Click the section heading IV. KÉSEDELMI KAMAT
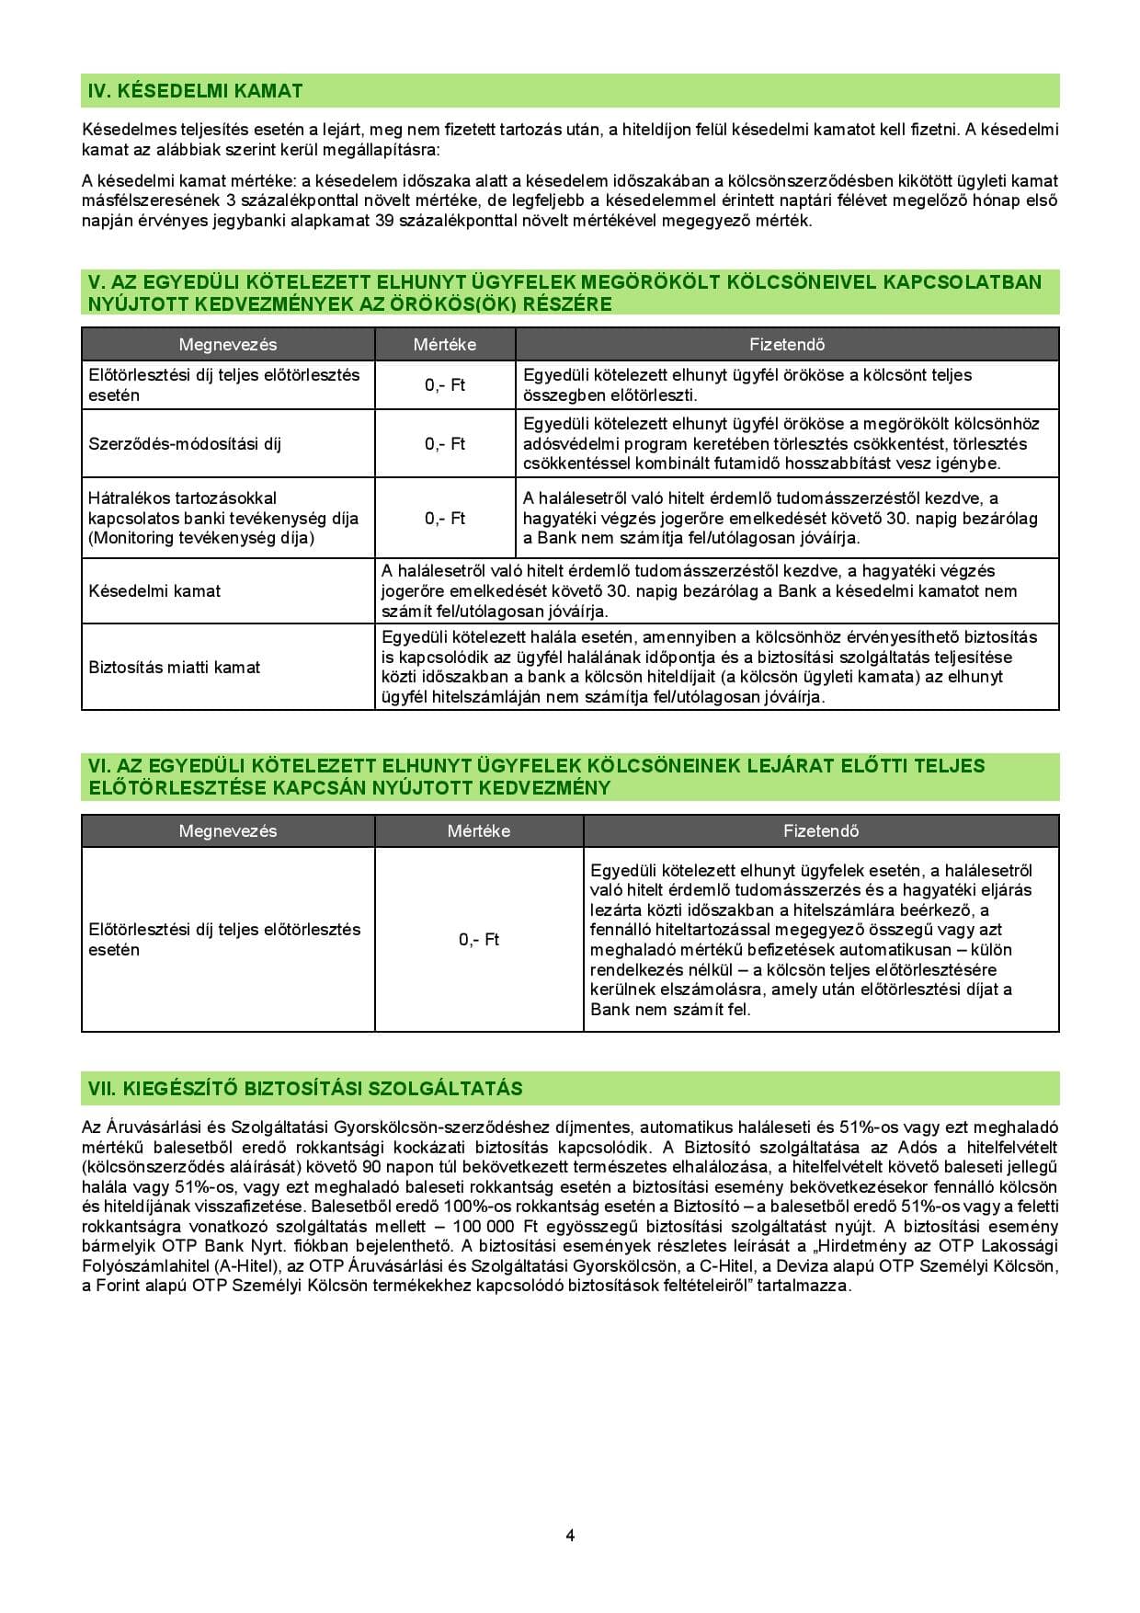pyautogui.click(x=195, y=91)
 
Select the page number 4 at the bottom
pyautogui.click(x=570, y=1535)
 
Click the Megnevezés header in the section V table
pyautogui.click(x=228, y=345)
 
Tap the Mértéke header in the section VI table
pyautogui.click(x=479, y=831)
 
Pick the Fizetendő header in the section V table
pyautogui.click(x=787, y=345)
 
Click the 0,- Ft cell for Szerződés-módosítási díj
pyautogui.click(x=445, y=444)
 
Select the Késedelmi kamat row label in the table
pyautogui.click(x=154, y=591)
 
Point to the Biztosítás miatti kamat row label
pyautogui.click(x=175, y=668)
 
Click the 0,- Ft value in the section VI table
pyautogui.click(x=479, y=940)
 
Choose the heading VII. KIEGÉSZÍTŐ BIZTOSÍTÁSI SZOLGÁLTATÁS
pyautogui.click(x=305, y=1089)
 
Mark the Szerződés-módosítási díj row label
pyautogui.click(x=185, y=444)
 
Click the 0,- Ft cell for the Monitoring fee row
pyautogui.click(x=445, y=519)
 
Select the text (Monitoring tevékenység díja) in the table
pyautogui.click(x=201, y=538)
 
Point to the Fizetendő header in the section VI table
pyautogui.click(x=821, y=831)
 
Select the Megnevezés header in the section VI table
pyautogui.click(x=228, y=831)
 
